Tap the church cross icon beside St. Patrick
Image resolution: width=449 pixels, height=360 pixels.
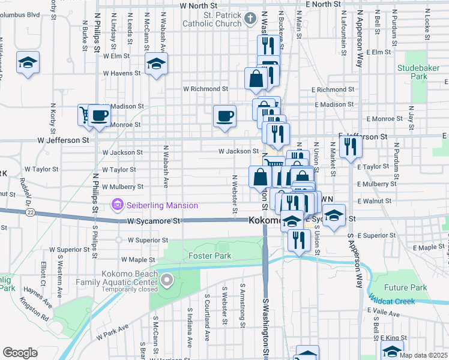click(252, 20)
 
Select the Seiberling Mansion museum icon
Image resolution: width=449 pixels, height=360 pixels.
click(118, 205)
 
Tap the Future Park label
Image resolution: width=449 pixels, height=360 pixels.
click(406, 287)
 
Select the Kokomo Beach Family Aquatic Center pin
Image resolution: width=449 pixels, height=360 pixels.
click(168, 280)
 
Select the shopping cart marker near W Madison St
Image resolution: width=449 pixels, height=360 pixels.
click(85, 114)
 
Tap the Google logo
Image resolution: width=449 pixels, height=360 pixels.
click(20, 353)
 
